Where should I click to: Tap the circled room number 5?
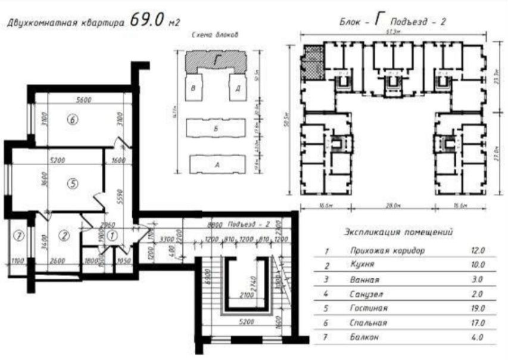[x=73, y=184]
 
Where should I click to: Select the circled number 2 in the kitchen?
[x=64, y=235]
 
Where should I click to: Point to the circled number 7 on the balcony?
[x=18, y=235]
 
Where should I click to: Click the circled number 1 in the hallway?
[x=115, y=235]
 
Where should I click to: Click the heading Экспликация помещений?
[x=399, y=231]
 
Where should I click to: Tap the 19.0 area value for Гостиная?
[x=476, y=308]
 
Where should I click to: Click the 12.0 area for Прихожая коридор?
[x=476, y=250]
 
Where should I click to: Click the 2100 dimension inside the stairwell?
[x=245, y=294]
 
